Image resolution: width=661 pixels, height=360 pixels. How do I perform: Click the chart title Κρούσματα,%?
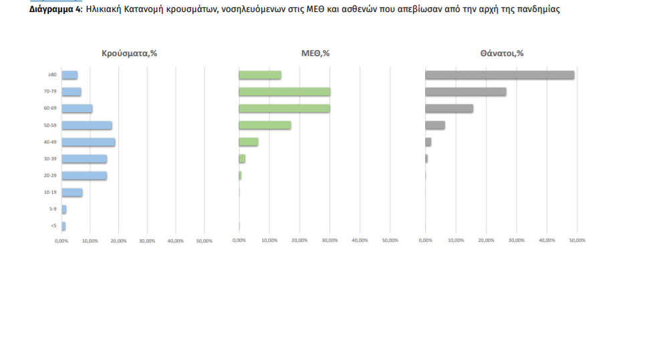pos(129,53)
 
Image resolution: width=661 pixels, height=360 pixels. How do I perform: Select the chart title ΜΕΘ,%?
pos(315,53)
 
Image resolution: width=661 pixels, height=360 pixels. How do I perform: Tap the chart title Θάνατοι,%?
pos(501,53)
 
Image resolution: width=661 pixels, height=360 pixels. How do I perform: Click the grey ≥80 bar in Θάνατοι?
pos(499,75)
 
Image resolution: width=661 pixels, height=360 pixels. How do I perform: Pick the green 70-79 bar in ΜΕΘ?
pos(284,92)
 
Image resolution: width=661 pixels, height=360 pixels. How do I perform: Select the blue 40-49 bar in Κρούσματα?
pos(88,142)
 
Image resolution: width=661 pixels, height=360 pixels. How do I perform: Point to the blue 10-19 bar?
pos(72,192)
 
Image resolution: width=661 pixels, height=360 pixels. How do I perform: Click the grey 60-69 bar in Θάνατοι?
pos(449,108)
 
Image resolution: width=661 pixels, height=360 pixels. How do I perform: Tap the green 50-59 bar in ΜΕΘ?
pos(265,125)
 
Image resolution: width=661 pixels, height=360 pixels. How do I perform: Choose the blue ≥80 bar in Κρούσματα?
pos(70,75)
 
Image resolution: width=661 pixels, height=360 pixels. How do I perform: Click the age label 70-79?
pos(50,92)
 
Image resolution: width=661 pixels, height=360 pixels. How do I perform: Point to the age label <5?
pos(53,226)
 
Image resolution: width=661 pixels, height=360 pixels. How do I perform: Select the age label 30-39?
pos(50,159)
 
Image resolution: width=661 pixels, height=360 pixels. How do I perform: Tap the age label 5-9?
pos(52,209)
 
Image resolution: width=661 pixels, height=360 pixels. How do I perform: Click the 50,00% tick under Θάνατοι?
pos(576,240)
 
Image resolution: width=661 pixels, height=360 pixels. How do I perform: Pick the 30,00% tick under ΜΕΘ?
pos(329,240)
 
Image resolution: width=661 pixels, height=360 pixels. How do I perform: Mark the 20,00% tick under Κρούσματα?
pos(118,240)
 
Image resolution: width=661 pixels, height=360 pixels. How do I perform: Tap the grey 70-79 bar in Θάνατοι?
pos(465,92)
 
